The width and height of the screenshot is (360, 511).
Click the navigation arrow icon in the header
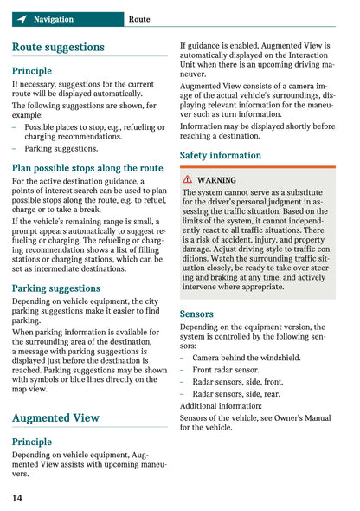(x=21, y=19)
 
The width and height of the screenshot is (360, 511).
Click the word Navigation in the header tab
(x=54, y=19)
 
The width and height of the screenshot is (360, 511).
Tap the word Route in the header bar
(x=139, y=19)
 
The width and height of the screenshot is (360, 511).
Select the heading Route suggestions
(x=58, y=48)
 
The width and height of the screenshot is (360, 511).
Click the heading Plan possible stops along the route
(x=87, y=168)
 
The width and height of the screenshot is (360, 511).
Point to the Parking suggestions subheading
(x=56, y=288)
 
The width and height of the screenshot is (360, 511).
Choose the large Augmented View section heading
(x=56, y=417)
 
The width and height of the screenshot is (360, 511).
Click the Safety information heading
(x=220, y=155)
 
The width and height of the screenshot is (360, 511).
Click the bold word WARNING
(x=216, y=180)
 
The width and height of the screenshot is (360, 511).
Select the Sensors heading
(x=196, y=314)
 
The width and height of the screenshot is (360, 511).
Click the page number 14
(x=17, y=498)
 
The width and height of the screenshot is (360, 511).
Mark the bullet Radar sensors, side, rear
(x=238, y=393)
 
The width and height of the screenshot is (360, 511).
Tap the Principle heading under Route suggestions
(x=32, y=71)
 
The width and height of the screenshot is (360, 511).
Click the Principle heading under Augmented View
(x=32, y=442)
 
